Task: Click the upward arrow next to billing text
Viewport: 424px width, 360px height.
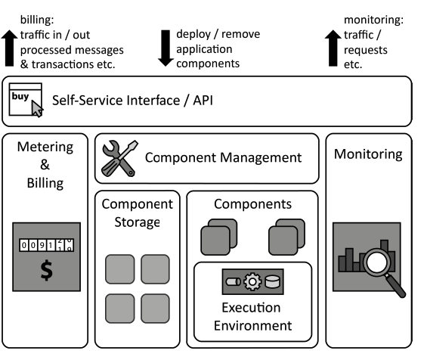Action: (8, 48)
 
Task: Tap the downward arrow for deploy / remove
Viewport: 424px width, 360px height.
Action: (163, 48)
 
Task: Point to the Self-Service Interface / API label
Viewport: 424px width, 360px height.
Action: (128, 101)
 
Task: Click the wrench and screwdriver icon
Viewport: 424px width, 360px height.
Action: (118, 158)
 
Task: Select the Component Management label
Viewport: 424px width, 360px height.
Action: (223, 158)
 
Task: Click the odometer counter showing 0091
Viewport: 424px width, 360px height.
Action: (46, 247)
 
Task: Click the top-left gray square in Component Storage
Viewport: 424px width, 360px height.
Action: (119, 268)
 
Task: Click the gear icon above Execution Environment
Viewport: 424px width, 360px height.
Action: (252, 282)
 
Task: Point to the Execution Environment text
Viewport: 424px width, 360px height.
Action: (252, 317)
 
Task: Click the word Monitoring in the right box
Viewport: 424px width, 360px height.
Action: (368, 154)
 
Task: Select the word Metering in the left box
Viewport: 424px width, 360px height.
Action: (45, 147)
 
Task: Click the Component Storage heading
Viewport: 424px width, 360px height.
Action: (138, 213)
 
